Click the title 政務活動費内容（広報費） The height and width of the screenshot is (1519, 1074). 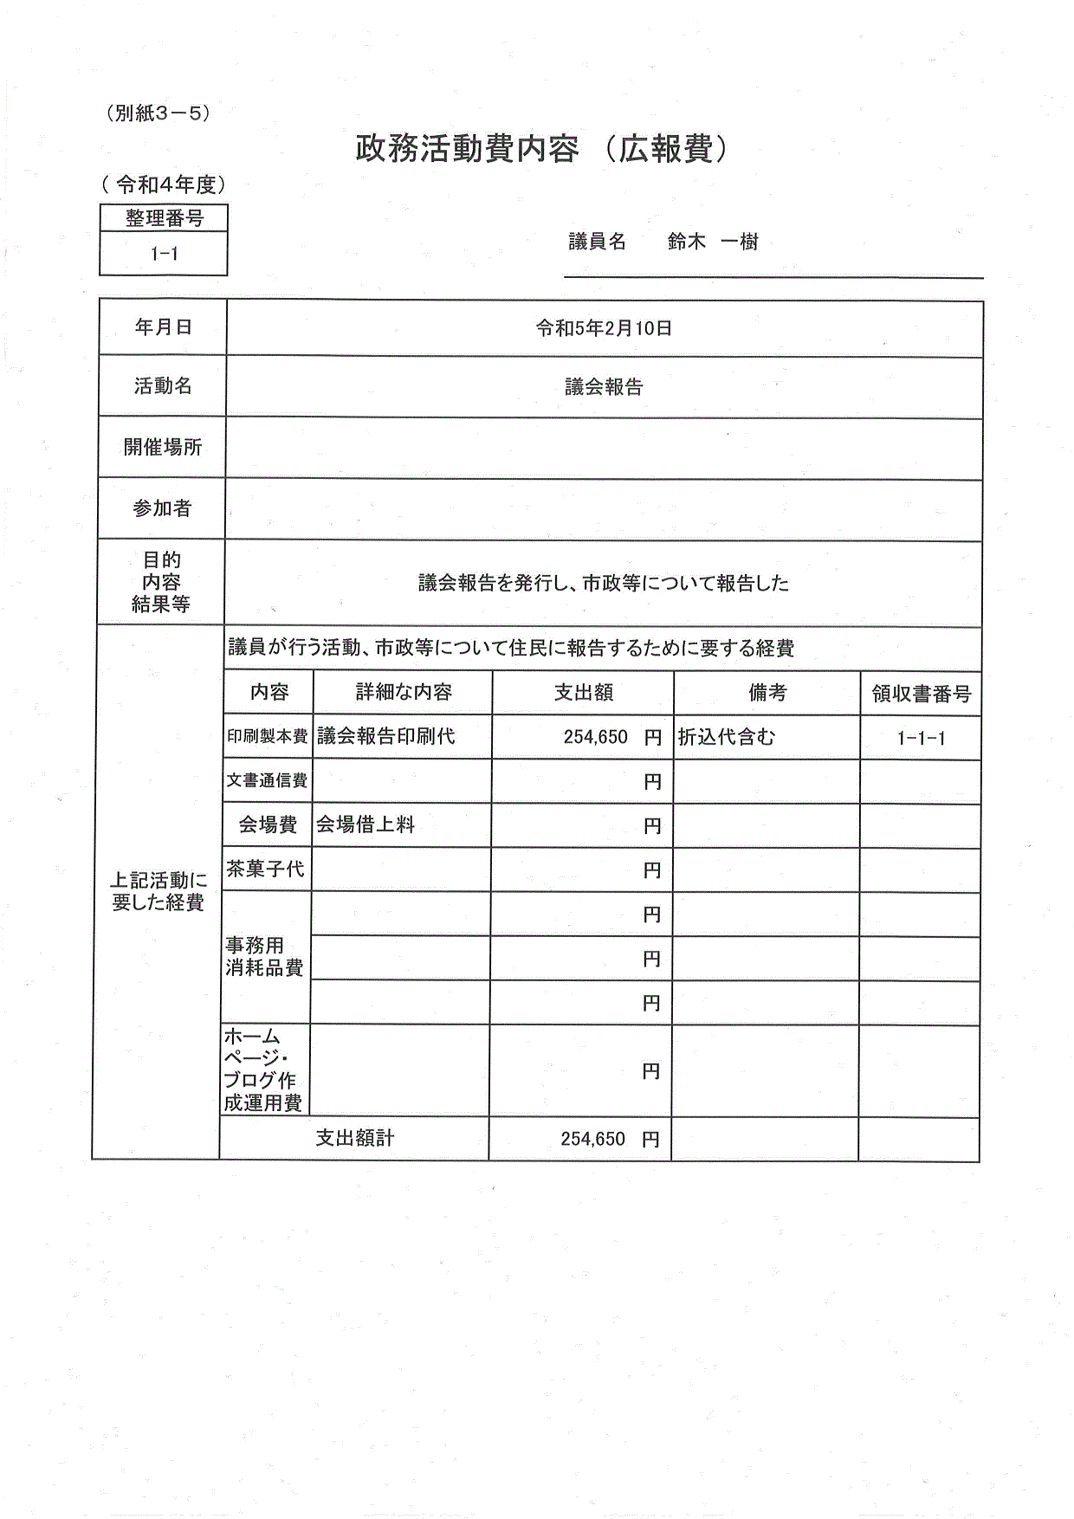(543, 150)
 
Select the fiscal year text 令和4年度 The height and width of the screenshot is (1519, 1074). (163, 184)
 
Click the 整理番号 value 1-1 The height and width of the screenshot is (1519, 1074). (164, 254)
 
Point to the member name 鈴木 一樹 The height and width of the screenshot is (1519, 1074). (713, 242)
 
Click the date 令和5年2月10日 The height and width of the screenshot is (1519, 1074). (604, 328)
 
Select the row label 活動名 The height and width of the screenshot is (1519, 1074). (163, 386)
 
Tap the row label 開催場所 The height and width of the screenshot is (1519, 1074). (163, 447)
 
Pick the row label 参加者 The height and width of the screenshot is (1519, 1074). (162, 508)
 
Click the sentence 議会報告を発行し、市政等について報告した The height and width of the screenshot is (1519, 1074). (604, 584)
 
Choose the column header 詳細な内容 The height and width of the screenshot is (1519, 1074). (404, 693)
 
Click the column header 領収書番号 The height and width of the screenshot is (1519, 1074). (921, 694)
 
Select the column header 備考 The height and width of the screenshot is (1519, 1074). (767, 693)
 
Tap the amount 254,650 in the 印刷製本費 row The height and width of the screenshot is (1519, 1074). (595, 737)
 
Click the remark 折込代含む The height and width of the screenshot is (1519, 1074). (726, 737)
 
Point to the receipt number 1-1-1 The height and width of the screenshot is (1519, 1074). (921, 739)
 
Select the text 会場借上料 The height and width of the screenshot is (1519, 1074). (366, 824)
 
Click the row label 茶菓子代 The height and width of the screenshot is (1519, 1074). (266, 869)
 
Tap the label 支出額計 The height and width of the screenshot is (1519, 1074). (355, 1138)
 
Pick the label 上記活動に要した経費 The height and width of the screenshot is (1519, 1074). (159, 891)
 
